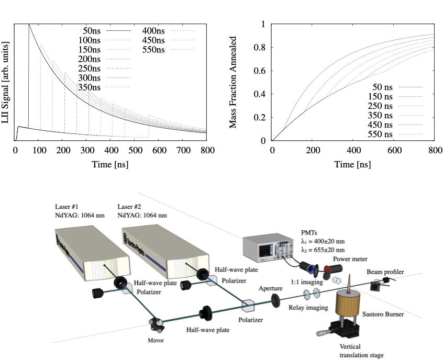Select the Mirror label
tap(157, 341)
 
